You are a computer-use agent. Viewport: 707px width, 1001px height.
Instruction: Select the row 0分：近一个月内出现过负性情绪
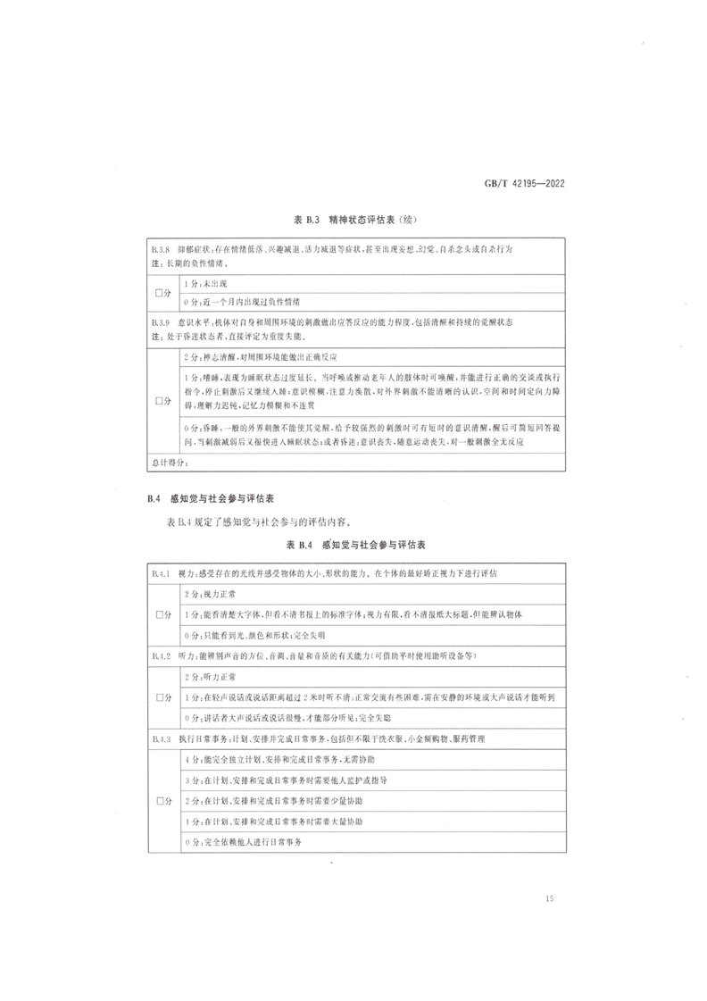[x=241, y=302]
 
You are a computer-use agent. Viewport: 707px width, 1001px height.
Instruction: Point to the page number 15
[x=548, y=898]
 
